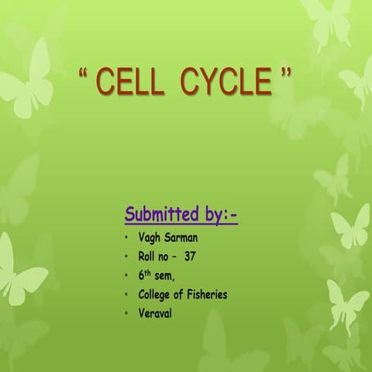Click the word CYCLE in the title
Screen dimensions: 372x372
226,82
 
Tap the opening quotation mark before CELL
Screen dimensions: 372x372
84,74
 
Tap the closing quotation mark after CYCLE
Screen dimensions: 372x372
286,74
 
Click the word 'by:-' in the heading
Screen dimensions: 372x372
219,214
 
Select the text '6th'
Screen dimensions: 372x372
145,275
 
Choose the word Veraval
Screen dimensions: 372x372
155,313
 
